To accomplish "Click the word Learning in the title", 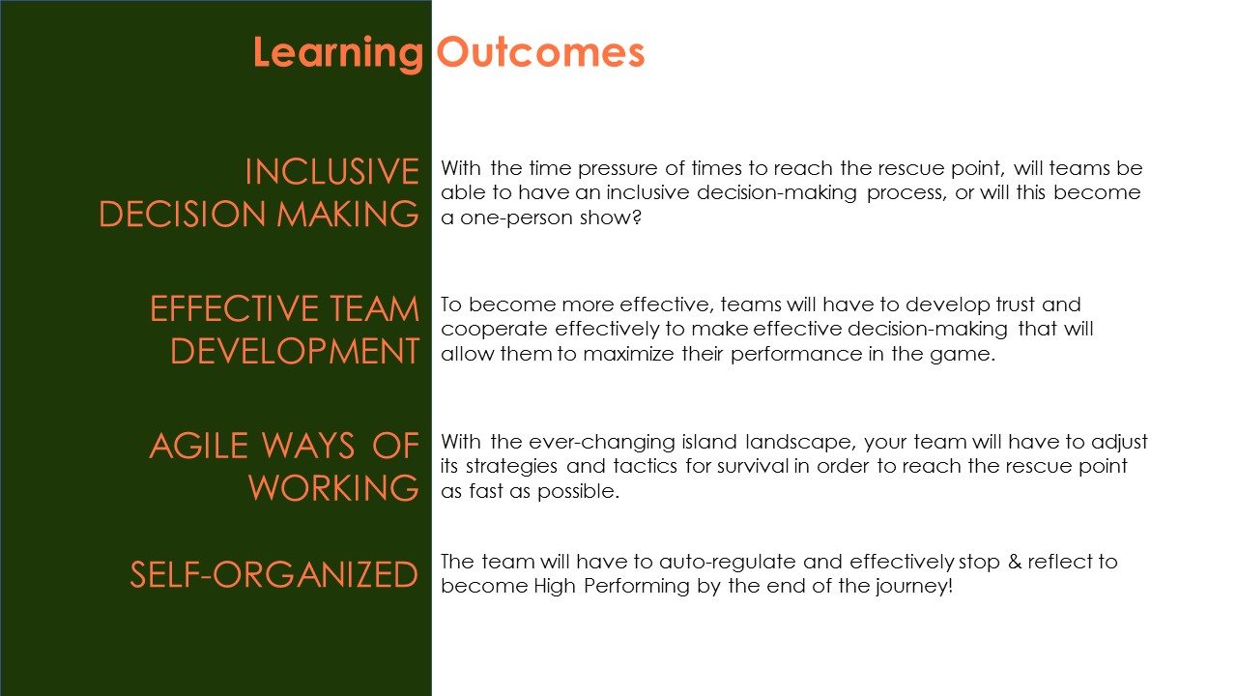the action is pos(338,54).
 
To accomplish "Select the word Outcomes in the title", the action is pos(540,52).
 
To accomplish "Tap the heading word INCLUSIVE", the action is pos(332,171).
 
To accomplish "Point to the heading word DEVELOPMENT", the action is pos(295,351).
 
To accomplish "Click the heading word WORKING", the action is pos(333,488).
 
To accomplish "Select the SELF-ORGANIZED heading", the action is pos(273,574).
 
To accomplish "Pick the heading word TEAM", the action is pos(375,308).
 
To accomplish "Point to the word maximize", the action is pos(628,354).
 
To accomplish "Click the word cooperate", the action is pos(493,330).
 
